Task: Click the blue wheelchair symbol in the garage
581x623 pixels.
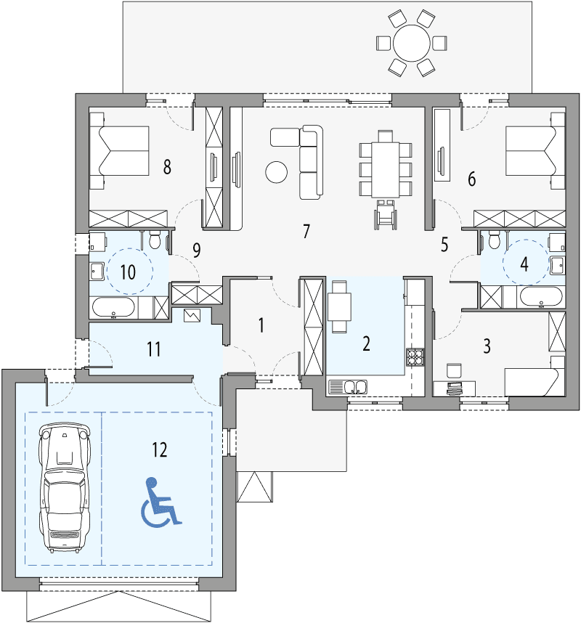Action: [161, 502]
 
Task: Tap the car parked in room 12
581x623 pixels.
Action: [65, 486]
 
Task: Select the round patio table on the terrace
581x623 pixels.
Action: [411, 44]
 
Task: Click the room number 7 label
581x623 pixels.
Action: [306, 232]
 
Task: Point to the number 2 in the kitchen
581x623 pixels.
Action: [367, 343]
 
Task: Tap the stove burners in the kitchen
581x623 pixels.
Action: [415, 357]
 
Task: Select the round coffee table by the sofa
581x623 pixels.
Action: [276, 171]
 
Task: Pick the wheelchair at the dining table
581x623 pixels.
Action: [384, 216]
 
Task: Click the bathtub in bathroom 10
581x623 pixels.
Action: [113, 309]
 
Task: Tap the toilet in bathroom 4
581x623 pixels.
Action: [494, 239]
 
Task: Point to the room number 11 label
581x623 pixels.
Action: [153, 349]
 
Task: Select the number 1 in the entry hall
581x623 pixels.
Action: [261, 325]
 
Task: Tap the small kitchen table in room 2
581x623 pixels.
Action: [339, 306]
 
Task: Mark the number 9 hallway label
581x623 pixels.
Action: [196, 251]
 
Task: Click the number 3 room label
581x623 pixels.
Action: [487, 345]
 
